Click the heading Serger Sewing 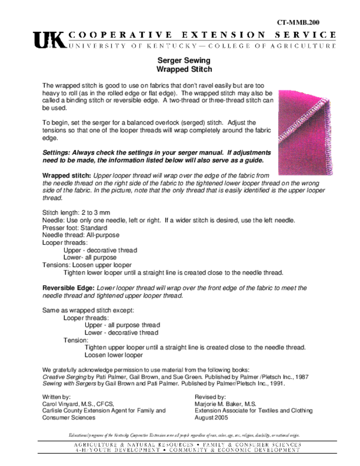pyautogui.click(x=184, y=60)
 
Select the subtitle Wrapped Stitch pyautogui.click(x=184, y=70)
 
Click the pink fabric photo pyautogui.click(x=305, y=132)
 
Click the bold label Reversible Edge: pyautogui.click(x=68, y=288)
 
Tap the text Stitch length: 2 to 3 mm pyautogui.click(x=76, y=213)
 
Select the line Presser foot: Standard pyautogui.click(x=75, y=228)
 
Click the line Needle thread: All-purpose pyautogui.click(x=81, y=235)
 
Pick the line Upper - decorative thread pyautogui.click(x=100, y=250)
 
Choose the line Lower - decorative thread pyautogui.click(x=121, y=333)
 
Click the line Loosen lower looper pyautogui.click(x=113, y=355)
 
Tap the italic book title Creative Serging pyautogui.click(x=64, y=377)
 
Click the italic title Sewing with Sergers pyautogui.click(x=69, y=384)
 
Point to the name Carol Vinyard pyautogui.click(x=61, y=404)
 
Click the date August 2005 pyautogui.click(x=211, y=418)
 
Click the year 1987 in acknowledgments pyautogui.click(x=302, y=377)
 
